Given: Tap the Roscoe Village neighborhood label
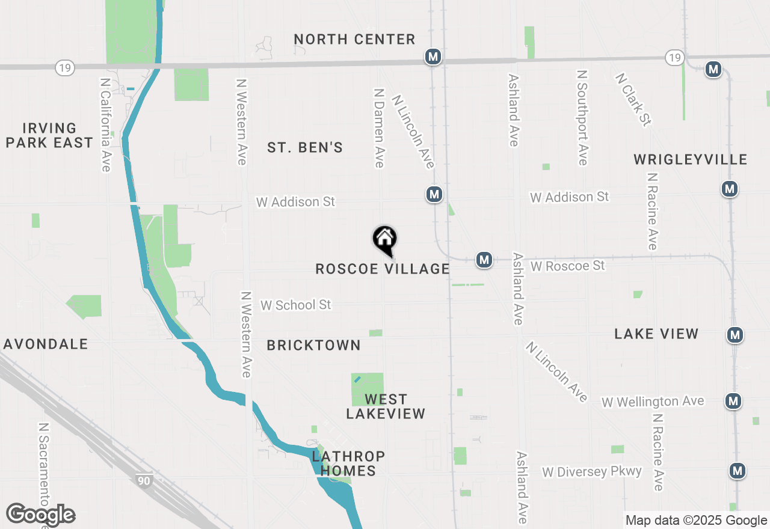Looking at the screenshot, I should coord(383,269).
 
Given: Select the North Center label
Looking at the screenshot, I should coord(354,40).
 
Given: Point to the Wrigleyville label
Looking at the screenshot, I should coord(690,159).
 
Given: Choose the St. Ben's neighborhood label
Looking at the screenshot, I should coord(305,147).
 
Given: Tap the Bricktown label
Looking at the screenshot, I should coord(313,345).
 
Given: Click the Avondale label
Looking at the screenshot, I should coord(46,344).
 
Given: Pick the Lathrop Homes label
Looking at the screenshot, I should coord(348,463).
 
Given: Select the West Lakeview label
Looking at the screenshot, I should coord(386,406).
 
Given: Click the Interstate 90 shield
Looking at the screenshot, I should coord(143,480).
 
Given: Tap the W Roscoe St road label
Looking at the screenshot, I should coord(567,265).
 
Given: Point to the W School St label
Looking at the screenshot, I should coord(295,305).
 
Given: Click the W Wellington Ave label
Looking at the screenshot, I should coord(653,401).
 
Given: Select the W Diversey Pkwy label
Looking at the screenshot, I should coord(592,471).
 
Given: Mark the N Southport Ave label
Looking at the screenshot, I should coord(582,118).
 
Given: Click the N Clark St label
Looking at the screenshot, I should coord(633,100).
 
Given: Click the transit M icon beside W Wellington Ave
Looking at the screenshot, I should coord(732,400).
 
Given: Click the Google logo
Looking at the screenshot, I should coord(40,515).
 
